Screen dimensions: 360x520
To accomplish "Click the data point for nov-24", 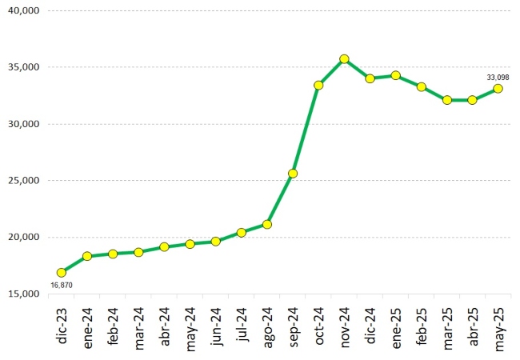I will [x=344, y=59].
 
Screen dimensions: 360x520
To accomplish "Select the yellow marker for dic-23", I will [x=62, y=273].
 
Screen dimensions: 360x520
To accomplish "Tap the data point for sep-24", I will [x=293, y=174].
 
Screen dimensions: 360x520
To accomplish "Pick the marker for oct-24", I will [x=318, y=85].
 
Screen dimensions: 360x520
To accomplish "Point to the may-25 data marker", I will [x=498, y=89].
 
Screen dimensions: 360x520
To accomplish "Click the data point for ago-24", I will [x=267, y=224].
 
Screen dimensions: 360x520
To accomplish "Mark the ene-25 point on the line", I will [x=395, y=75].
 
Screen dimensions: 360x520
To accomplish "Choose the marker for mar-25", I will [x=446, y=100].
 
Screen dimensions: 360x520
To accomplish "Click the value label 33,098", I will [x=498, y=77].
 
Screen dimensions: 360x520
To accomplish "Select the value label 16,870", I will [x=62, y=285].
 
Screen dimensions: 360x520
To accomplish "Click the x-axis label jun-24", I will [x=216, y=326].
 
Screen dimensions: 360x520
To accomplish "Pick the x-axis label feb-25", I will [x=421, y=326].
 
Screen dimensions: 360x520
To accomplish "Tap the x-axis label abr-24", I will [x=165, y=326].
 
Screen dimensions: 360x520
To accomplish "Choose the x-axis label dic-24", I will [x=370, y=326].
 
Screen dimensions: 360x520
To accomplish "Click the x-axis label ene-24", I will [x=88, y=326].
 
